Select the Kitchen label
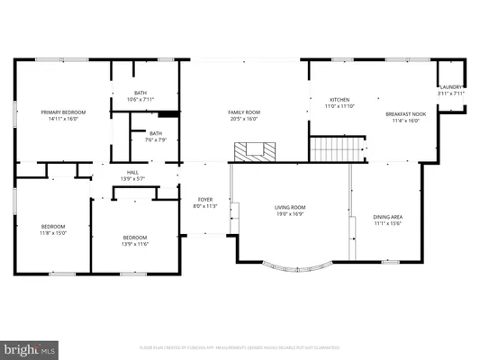(x=340, y=100)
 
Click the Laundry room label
(x=450, y=86)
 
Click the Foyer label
(x=205, y=199)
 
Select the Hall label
(x=132, y=172)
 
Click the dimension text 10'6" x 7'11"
(x=140, y=99)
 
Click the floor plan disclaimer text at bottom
(x=240, y=346)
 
